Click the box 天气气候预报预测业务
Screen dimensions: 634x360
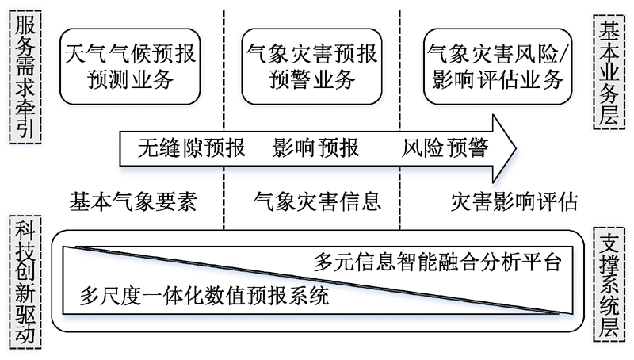130,67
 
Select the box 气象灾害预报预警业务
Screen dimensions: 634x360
311,67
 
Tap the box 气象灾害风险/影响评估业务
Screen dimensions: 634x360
498,67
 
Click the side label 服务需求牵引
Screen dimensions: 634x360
25,77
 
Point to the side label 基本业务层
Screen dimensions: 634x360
609,72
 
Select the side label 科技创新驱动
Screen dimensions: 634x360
25,282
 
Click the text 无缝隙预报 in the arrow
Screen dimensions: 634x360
191,148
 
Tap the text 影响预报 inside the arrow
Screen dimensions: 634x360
316,148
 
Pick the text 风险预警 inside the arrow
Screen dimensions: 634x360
445,148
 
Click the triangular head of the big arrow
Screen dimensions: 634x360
504,148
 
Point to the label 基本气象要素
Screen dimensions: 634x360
133,201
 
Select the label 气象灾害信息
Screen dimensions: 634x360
318,201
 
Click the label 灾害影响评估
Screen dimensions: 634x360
514,201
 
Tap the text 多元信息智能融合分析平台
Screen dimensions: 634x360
438,262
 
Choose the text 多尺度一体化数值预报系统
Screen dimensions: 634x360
204,296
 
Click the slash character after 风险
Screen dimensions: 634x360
565,54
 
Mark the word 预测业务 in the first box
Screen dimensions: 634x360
130,79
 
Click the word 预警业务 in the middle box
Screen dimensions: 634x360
311,79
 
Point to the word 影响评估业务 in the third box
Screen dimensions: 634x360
498,79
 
